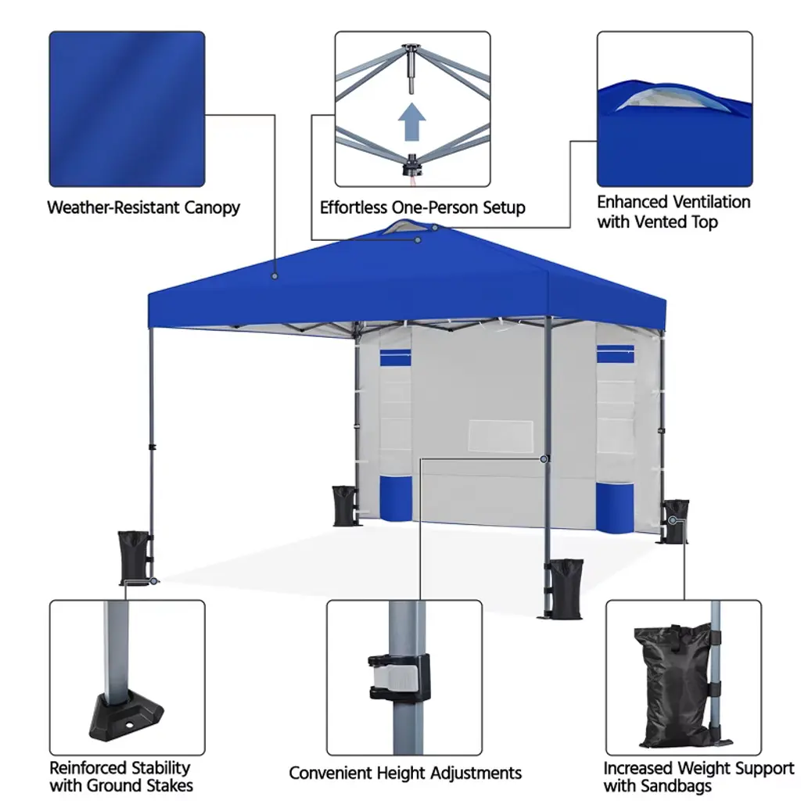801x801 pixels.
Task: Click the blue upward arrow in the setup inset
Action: (x=411, y=121)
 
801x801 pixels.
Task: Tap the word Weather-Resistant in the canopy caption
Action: (x=113, y=207)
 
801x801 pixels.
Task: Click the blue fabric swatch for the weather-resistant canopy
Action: (x=128, y=109)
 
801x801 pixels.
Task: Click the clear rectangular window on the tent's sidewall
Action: (x=501, y=436)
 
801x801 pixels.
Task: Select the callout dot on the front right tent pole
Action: (x=544, y=459)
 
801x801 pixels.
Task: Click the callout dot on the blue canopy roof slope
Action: (x=275, y=276)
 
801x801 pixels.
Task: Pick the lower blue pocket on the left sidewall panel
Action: (x=396, y=498)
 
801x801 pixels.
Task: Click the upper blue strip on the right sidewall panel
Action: (x=616, y=354)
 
